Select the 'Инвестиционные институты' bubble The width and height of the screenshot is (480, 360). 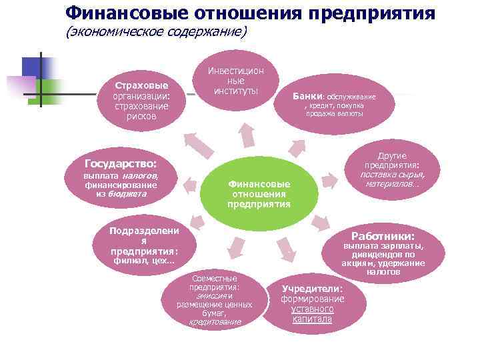[x=235, y=81]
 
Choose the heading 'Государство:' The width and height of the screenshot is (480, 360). [x=121, y=163]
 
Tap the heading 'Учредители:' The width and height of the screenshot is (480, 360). [x=312, y=289]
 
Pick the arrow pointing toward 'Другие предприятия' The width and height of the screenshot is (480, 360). [x=329, y=179]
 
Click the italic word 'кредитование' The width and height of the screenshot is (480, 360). [x=215, y=321]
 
